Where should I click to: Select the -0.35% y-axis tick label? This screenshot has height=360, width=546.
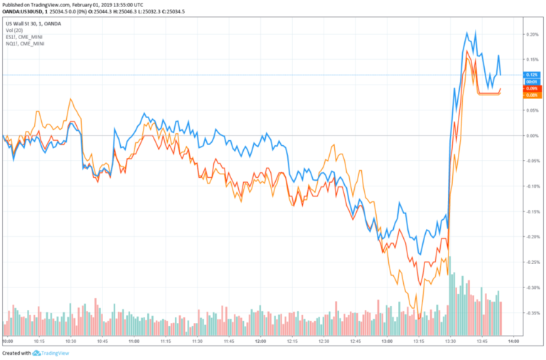click(x=531, y=313)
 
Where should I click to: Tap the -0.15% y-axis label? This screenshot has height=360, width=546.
click(x=531, y=211)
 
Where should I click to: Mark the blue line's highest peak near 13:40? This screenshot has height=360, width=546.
click(x=466, y=32)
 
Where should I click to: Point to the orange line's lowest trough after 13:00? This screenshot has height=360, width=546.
click(x=419, y=318)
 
